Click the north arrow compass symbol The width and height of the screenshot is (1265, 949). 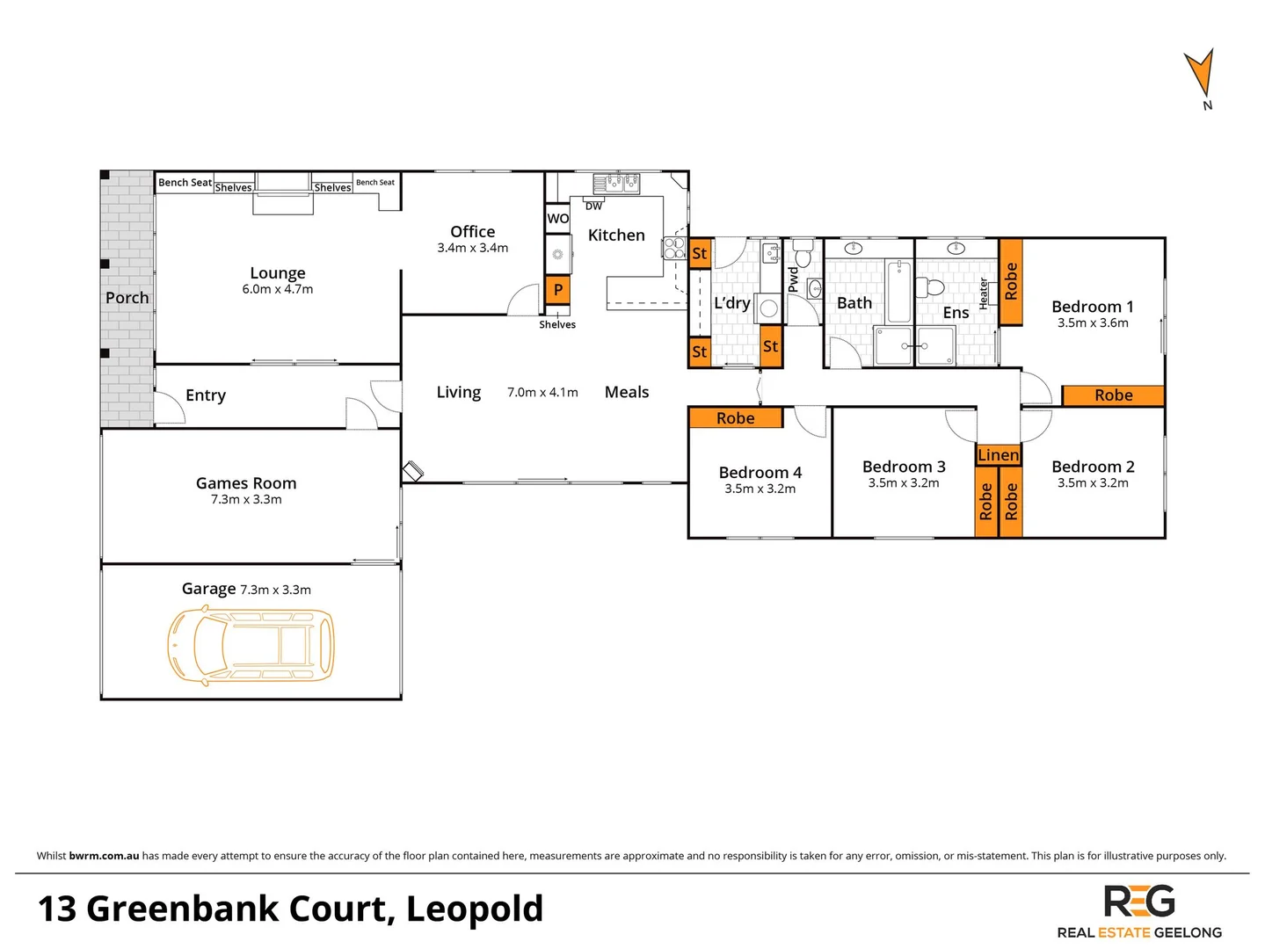(1200, 75)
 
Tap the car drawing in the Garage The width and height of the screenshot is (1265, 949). (251, 645)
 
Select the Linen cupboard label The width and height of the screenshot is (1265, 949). (999, 455)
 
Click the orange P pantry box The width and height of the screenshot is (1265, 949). (557, 290)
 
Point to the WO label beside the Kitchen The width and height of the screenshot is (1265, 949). (558, 219)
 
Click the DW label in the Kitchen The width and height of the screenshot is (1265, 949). (594, 206)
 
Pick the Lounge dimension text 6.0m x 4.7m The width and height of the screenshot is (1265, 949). (278, 289)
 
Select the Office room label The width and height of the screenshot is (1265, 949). (473, 232)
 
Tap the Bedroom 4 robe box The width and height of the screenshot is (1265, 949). (735, 418)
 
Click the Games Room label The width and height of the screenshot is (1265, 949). (246, 483)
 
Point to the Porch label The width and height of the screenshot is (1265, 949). (127, 298)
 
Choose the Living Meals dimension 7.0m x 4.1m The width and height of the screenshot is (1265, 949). (542, 393)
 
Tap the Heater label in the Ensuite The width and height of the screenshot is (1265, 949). (984, 293)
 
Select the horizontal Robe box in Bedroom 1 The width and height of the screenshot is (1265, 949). (1113, 395)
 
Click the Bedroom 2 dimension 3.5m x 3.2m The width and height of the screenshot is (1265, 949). (1093, 483)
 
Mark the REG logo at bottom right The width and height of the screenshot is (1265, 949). (1139, 902)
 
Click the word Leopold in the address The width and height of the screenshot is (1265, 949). (475, 909)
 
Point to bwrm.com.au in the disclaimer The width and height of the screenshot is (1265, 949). (104, 856)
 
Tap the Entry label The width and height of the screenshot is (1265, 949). (206, 395)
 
